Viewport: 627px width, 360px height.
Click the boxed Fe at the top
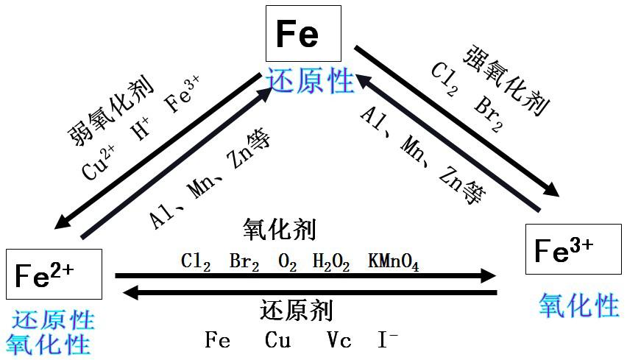[303, 34]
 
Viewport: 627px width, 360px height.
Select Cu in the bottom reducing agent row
[278, 340]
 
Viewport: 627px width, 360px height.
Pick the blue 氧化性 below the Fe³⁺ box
[578, 304]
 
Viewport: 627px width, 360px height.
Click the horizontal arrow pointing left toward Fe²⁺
[309, 292]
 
